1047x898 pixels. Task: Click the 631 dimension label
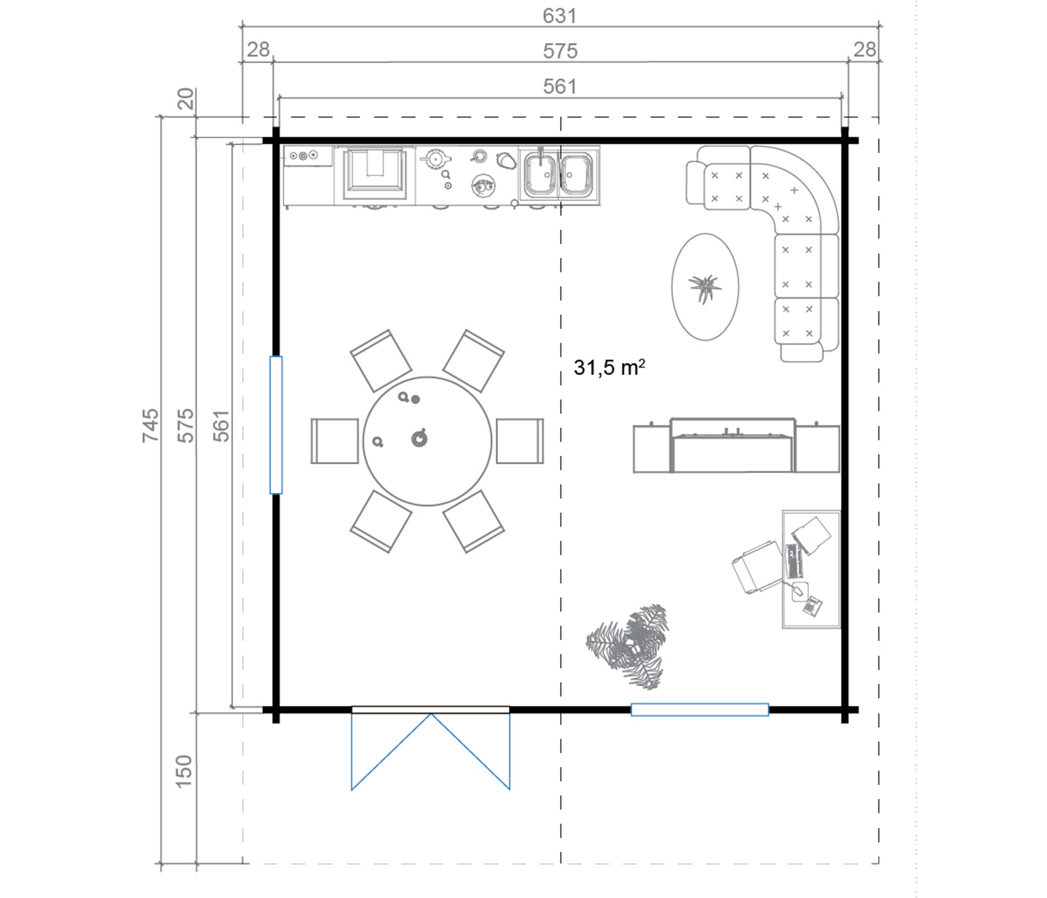(559, 16)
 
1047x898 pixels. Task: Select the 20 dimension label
(186, 99)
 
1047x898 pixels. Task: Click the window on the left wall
(276, 425)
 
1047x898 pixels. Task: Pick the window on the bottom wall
(700, 709)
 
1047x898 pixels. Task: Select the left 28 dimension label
(258, 50)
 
